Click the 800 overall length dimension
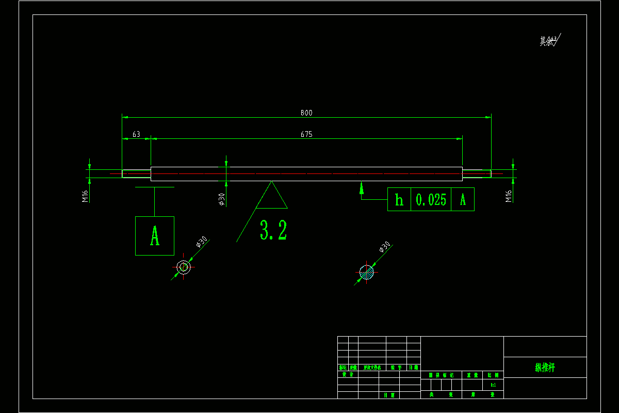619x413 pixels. tap(306, 113)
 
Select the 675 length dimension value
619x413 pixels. tap(306, 134)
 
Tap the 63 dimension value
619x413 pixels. tap(136, 134)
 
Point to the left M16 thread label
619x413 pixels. tap(85, 196)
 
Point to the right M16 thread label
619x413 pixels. tap(508, 196)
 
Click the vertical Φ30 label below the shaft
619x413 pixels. tap(222, 199)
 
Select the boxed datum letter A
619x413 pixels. tap(155, 236)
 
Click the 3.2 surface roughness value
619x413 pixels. tap(273, 230)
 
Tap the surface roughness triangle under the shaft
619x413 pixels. tap(272, 196)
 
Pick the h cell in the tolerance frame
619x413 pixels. tap(399, 199)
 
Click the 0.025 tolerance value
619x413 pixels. tap(431, 199)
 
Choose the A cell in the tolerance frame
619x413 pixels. tap(463, 199)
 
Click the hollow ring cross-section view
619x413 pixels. tap(183, 267)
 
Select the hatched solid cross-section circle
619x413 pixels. tap(366, 272)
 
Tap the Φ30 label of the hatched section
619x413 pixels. tap(384, 247)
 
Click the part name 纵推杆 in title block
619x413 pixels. tap(545, 368)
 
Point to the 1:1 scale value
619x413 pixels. tap(493, 385)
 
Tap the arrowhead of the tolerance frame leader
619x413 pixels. tap(362, 186)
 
